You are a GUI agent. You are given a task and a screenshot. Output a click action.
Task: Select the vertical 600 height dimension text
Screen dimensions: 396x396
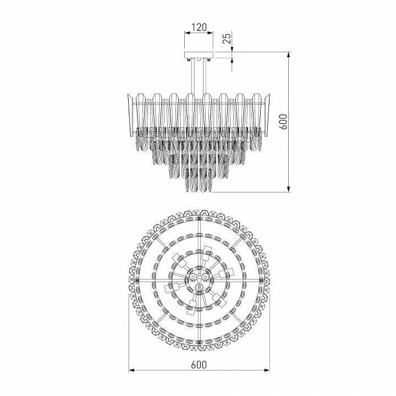(282, 122)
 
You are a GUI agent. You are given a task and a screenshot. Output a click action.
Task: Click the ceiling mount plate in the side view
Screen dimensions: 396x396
(198, 55)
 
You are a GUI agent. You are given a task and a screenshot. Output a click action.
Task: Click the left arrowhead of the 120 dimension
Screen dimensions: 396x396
(185, 33)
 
